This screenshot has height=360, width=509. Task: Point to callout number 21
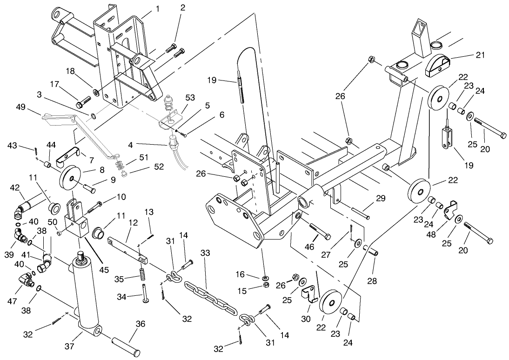481,55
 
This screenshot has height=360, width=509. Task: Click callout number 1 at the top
157,8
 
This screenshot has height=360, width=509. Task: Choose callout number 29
381,199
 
